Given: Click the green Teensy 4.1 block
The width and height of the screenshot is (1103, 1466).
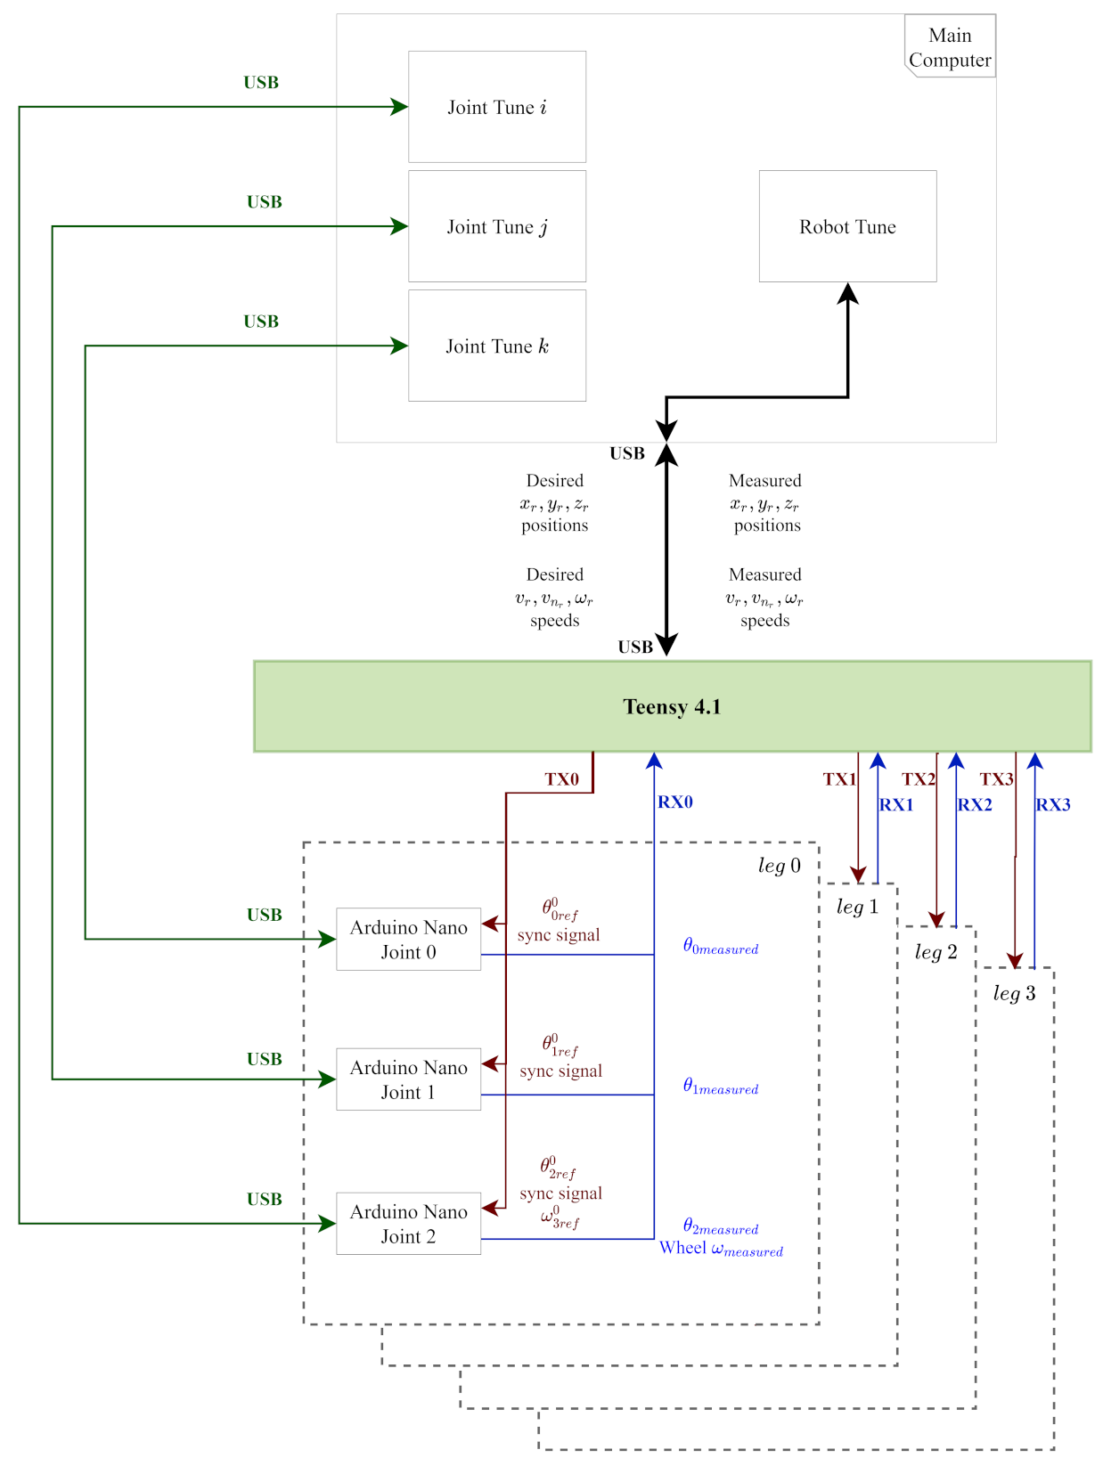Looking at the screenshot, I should [672, 706].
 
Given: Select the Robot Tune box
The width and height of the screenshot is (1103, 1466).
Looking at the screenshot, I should [847, 226].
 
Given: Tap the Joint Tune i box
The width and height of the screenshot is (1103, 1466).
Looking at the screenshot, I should [497, 107].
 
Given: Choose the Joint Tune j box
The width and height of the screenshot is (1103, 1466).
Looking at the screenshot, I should [497, 226].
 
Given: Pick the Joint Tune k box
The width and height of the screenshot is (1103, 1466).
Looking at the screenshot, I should [497, 346].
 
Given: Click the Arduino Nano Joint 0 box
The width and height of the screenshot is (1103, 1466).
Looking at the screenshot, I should [408, 940].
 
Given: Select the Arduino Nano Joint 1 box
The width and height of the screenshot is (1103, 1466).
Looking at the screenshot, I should [408, 1079].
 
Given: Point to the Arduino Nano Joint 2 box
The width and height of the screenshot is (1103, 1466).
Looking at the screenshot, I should [408, 1224].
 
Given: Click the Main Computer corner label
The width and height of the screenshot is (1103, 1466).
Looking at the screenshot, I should [950, 47].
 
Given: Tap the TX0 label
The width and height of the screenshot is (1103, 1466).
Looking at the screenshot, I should [561, 779].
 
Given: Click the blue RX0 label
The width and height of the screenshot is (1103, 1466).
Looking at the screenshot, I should [674, 802].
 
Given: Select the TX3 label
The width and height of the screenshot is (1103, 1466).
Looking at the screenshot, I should [996, 779].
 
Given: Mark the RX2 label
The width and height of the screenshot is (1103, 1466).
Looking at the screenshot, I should [974, 805].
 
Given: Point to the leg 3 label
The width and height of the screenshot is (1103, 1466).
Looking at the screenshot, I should [1014, 993].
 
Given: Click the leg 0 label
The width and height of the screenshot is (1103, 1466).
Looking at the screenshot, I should [779, 866].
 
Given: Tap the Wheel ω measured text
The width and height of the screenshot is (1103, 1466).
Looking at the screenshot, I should [721, 1249].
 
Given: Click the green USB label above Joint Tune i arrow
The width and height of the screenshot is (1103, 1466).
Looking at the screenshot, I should [261, 83].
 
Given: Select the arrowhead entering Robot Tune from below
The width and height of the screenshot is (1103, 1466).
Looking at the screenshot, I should [848, 293].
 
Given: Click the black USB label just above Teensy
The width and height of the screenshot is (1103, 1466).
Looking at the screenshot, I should [634, 647].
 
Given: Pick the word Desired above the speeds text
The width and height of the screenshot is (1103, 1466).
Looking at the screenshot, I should [554, 575].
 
